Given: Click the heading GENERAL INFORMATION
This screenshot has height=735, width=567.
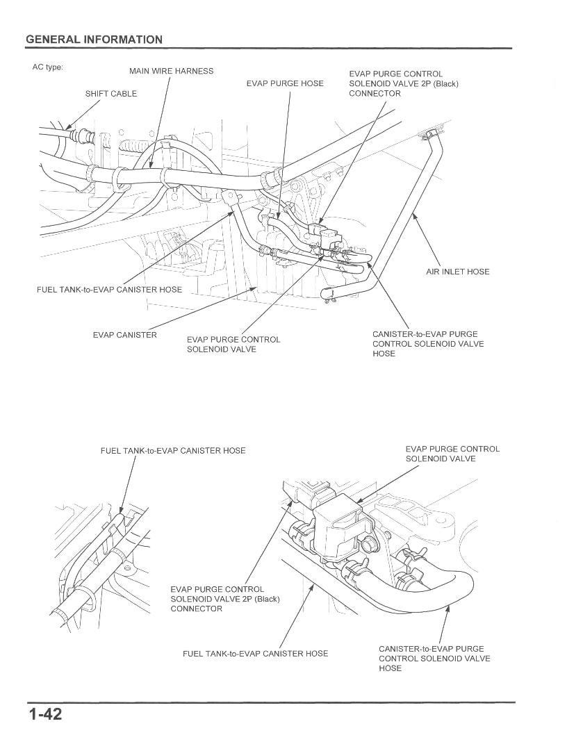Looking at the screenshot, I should tap(94, 40).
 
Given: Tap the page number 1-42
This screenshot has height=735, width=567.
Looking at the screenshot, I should tap(45, 713).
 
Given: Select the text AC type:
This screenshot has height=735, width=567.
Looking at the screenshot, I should tap(47, 68).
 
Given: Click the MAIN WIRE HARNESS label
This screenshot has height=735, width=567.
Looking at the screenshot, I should tap(171, 72).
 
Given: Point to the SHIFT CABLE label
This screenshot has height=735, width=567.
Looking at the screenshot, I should tap(111, 94).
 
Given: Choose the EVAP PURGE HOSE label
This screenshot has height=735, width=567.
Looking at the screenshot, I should tap(285, 83).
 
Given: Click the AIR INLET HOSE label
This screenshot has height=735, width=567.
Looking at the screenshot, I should tap(457, 272).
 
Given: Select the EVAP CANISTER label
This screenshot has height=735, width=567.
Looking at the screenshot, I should tap(125, 336).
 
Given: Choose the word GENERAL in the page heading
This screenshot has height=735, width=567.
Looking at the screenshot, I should tap(52, 40).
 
